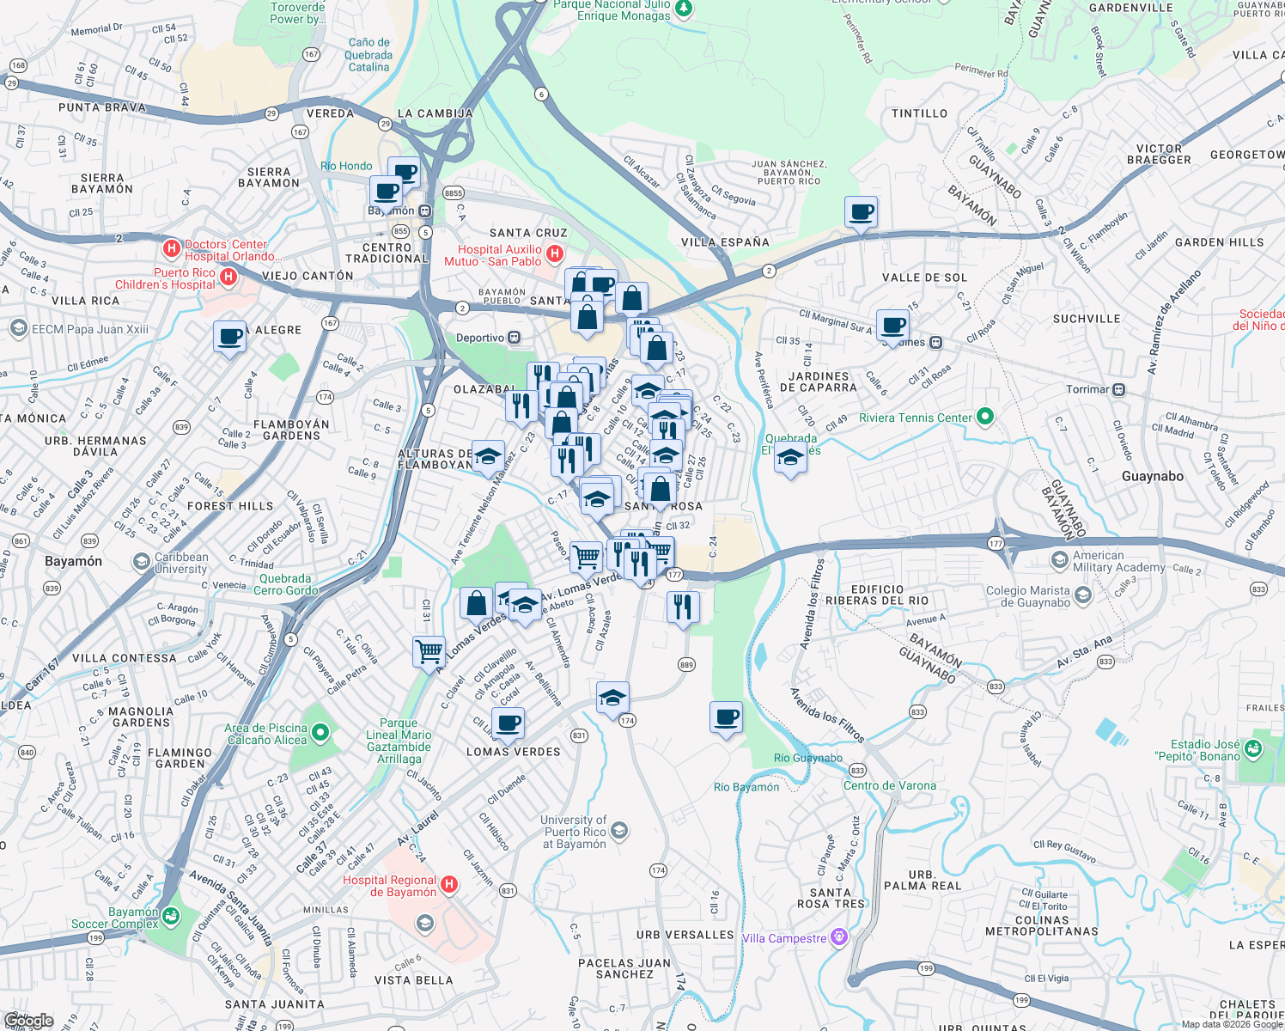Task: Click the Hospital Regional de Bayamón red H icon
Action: [448, 885]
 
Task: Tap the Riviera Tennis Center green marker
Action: [985, 418]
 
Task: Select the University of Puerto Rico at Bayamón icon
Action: [619, 831]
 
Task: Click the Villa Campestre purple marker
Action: [839, 937]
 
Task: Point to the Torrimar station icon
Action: [1118, 389]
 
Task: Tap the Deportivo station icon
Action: [514, 338]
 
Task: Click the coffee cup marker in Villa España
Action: [861, 211]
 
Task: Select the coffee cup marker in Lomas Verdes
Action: [508, 723]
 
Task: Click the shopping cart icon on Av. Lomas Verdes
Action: [429, 650]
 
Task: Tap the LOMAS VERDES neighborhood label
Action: [513, 752]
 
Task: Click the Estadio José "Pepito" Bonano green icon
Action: [1252, 750]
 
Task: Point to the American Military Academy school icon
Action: [1059, 560]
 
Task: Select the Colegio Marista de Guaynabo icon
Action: [1082, 595]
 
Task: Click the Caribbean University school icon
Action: [141, 562]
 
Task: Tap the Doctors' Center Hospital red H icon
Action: [172, 250]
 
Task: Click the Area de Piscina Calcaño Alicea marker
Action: [320, 733]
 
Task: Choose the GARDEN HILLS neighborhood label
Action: [1219, 242]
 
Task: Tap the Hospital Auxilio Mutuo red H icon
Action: [555, 253]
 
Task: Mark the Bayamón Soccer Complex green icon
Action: [171, 917]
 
